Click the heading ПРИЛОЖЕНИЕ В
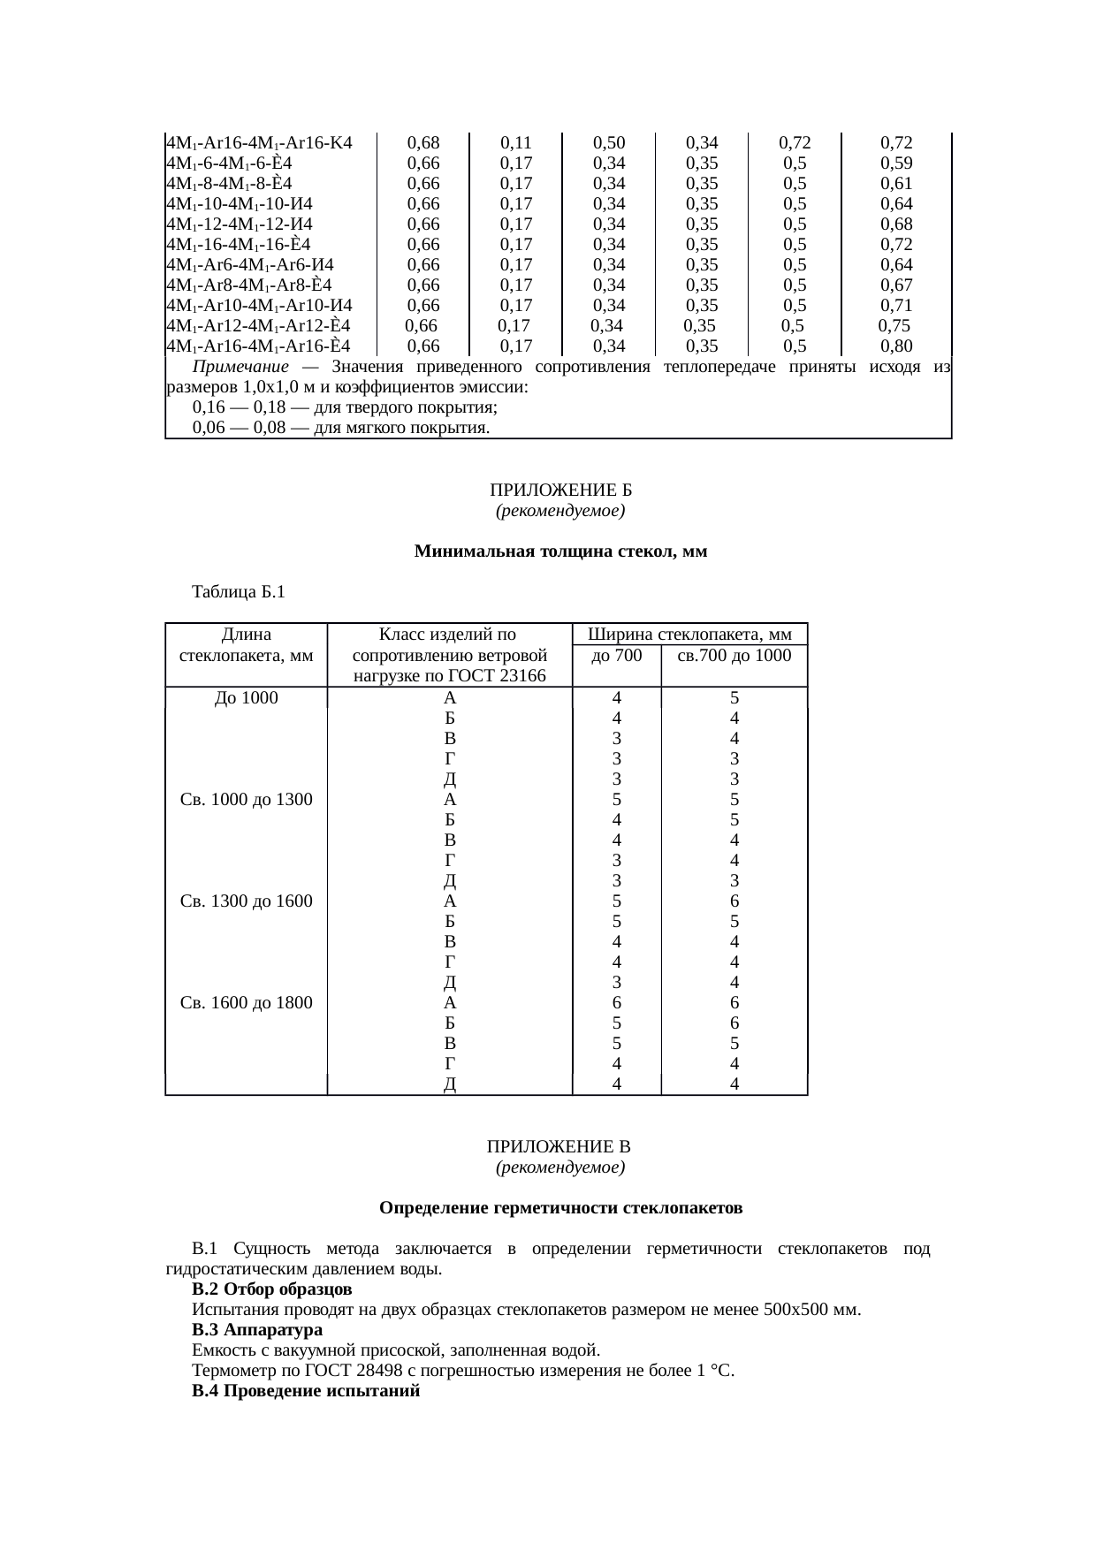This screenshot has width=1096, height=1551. tap(559, 1147)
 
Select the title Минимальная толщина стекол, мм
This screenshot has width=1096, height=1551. tap(560, 552)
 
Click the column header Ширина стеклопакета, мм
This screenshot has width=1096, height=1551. tap(689, 635)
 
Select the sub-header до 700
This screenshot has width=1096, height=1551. tap(616, 656)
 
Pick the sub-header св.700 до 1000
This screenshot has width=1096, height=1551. tap(734, 656)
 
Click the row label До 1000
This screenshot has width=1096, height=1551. tap(246, 697)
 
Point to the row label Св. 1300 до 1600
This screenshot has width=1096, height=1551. tap(246, 901)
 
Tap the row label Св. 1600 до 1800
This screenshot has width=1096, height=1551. tap(246, 1003)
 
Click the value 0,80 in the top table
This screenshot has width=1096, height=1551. tap(896, 346)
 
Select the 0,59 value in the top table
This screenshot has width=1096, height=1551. tap(896, 163)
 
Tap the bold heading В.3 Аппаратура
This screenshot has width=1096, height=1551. tap(257, 1330)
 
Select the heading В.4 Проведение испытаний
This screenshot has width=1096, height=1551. tap(306, 1391)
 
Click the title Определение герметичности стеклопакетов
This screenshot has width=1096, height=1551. tap(560, 1208)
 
